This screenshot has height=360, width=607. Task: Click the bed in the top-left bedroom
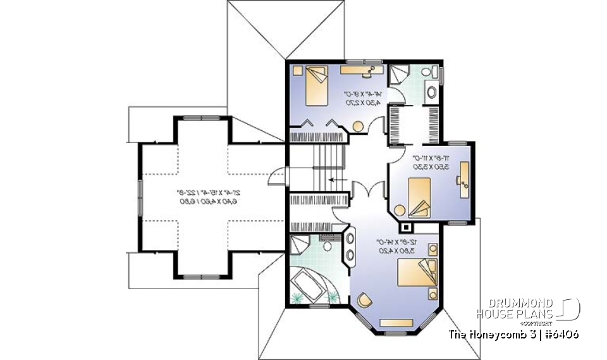click(x=316, y=87)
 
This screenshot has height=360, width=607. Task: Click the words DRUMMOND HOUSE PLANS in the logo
click(x=515, y=309)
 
